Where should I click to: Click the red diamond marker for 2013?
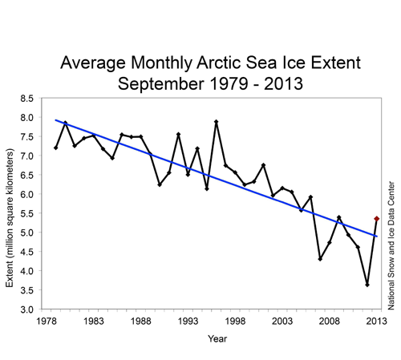point(377,218)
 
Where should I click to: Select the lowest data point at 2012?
point(367,285)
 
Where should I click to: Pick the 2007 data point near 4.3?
point(320,259)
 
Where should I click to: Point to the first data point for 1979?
point(55,148)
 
